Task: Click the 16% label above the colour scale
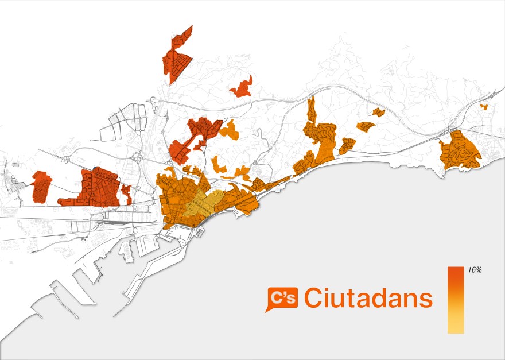[474, 270]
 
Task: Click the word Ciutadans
[368, 298]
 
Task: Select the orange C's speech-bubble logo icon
[282, 297]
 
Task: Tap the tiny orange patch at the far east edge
[484, 107]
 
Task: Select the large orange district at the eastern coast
[460, 150]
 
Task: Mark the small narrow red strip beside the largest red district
[126, 194]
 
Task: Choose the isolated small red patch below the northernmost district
[241, 87]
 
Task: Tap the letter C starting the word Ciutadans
[314, 298]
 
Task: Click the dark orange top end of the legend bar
[456, 270]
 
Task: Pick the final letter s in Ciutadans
[425, 300]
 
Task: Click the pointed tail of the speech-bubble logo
[267, 310]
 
